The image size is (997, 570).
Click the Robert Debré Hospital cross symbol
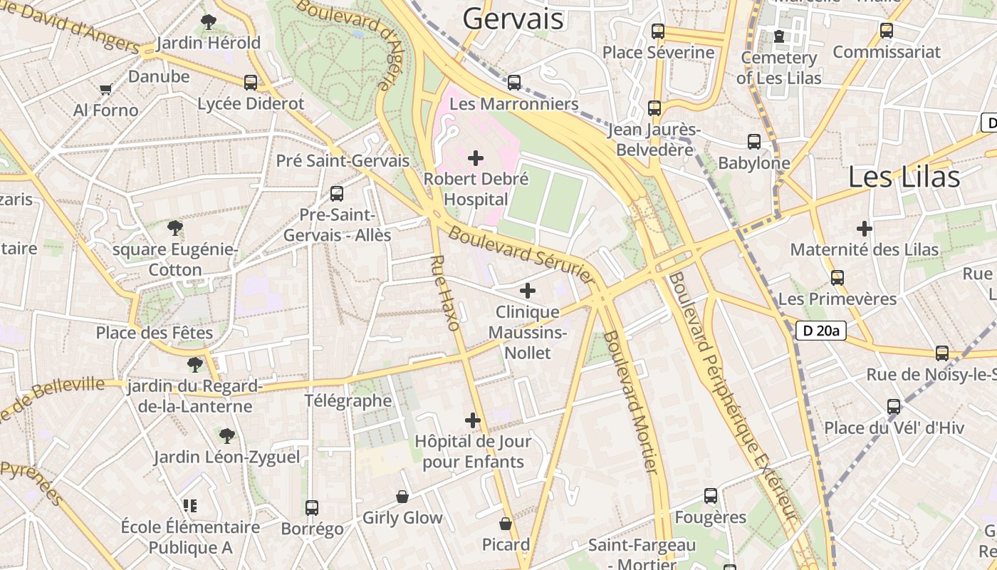tap(476, 158)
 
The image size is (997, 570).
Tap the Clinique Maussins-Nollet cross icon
tap(528, 291)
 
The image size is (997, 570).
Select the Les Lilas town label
tap(903, 177)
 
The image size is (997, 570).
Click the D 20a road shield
tap(820, 331)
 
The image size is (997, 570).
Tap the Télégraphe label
tap(348, 400)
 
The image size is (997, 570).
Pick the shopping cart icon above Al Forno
tap(106, 89)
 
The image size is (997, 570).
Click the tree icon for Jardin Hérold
tap(209, 22)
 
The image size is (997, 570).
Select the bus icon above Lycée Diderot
tap(251, 83)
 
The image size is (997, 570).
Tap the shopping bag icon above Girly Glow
tap(402, 497)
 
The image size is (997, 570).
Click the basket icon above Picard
tap(506, 524)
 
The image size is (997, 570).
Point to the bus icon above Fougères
tap(711, 496)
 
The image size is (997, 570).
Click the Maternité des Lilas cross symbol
tap(865, 229)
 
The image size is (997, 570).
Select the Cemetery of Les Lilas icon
tap(779, 36)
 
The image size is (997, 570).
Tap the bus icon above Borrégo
tap(312, 508)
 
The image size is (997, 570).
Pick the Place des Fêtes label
tap(155, 333)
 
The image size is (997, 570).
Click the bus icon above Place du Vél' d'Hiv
tap(894, 407)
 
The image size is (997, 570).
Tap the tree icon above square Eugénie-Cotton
tap(175, 228)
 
